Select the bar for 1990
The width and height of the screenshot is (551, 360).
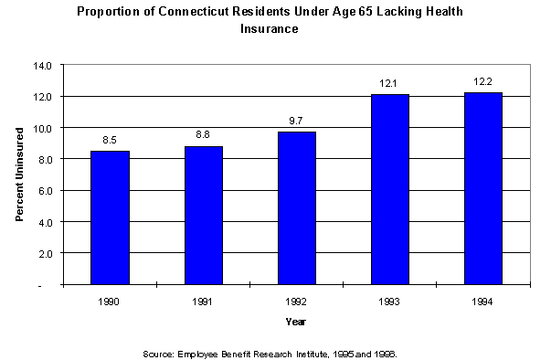click(x=110, y=217)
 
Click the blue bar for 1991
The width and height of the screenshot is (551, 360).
click(x=204, y=215)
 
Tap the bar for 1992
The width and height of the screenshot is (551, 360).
click(x=297, y=207)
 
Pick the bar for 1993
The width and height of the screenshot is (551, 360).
click(x=390, y=189)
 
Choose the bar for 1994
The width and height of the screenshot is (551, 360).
click(x=483, y=188)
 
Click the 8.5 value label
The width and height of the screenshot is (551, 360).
click(x=110, y=140)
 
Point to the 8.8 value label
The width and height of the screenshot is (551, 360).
click(x=204, y=135)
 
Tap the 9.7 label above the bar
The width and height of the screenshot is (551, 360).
click(x=297, y=122)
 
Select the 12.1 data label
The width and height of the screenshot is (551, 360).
click(x=390, y=84)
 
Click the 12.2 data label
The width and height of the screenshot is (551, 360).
click(x=483, y=82)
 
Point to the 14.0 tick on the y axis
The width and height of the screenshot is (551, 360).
click(x=44, y=66)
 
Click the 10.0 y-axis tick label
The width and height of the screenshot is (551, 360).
click(x=44, y=128)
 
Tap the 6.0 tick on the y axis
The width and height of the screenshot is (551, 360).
click(x=46, y=191)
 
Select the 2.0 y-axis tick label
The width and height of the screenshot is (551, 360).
click(x=46, y=253)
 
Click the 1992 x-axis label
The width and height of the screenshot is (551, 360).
click(x=297, y=300)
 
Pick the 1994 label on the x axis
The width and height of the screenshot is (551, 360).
click(x=483, y=300)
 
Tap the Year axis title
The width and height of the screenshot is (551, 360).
click(x=296, y=322)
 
